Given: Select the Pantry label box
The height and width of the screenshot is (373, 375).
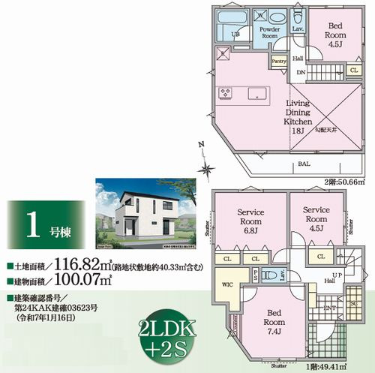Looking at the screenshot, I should click(x=279, y=62).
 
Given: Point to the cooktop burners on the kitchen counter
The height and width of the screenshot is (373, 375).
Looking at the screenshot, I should click(x=225, y=92).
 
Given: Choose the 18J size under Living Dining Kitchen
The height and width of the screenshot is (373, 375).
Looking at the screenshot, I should click(x=298, y=131).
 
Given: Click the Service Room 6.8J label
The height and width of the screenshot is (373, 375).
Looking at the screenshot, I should click(x=247, y=217).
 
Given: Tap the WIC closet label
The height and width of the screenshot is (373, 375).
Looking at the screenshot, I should click(x=228, y=284).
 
